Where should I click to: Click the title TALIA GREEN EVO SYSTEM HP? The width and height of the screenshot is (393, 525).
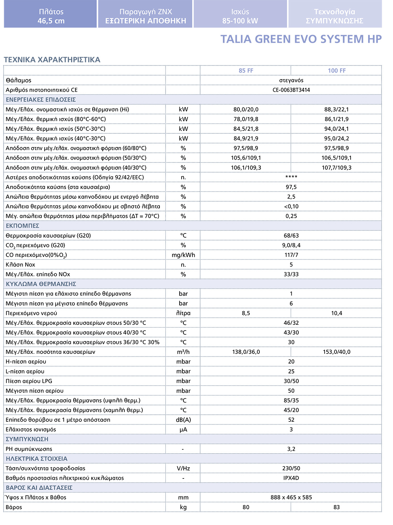click(301, 39)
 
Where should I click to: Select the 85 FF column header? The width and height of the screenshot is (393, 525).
click(246, 71)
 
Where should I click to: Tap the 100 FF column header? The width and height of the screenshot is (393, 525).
click(337, 71)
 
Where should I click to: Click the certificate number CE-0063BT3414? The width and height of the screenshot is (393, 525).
click(291, 90)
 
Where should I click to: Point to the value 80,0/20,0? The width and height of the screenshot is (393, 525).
click(246, 110)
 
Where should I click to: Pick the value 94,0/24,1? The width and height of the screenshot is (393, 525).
click(337, 129)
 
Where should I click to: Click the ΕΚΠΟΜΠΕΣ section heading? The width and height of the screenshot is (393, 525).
click(22, 226)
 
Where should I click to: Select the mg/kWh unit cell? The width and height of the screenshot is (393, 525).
click(183, 255)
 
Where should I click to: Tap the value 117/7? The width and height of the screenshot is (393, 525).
click(291, 255)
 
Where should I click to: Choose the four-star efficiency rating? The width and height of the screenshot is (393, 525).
click(291, 177)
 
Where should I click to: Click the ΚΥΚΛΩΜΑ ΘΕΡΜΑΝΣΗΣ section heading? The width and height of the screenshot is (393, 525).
click(41, 284)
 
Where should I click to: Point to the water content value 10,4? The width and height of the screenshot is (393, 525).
click(337, 313)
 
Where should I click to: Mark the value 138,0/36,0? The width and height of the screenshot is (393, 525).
click(246, 352)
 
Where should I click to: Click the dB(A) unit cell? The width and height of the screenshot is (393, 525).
click(183, 420)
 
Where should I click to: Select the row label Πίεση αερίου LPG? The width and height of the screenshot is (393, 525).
click(29, 381)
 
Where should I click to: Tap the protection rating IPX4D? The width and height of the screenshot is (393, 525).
click(291, 478)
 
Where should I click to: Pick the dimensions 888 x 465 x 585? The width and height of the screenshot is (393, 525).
click(291, 497)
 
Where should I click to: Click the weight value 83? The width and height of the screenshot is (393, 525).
click(337, 507)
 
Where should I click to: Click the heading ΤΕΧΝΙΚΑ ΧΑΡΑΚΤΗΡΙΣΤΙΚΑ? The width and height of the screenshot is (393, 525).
click(52, 60)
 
